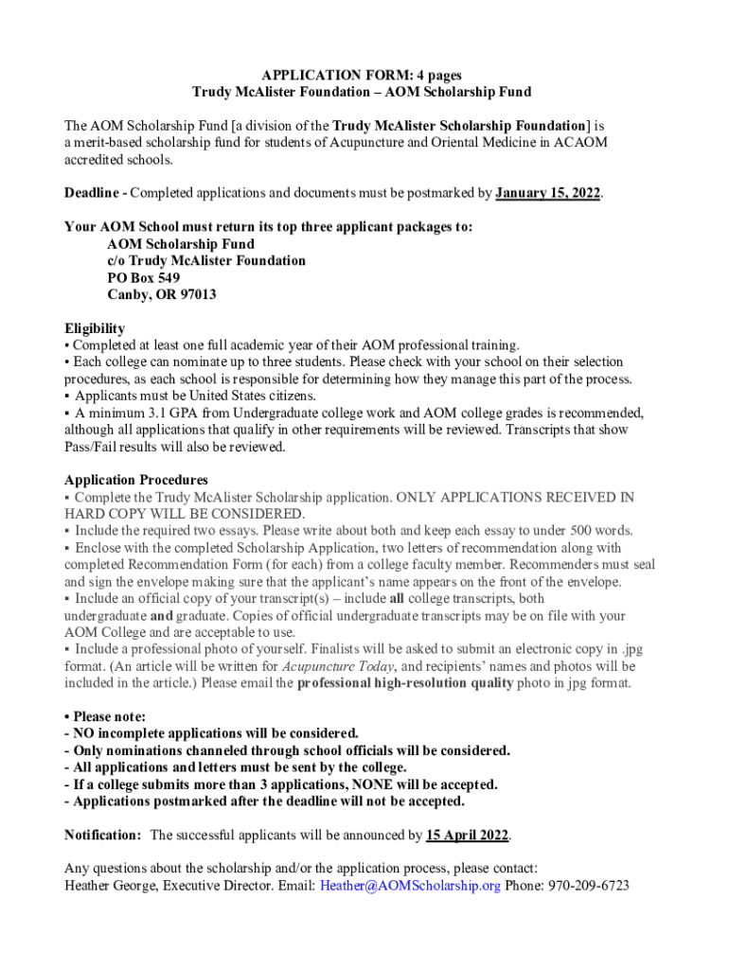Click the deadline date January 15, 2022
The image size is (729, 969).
[x=548, y=193]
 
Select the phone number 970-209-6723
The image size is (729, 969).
[x=587, y=886]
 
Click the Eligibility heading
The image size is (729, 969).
[x=95, y=327]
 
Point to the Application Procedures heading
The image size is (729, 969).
[x=135, y=480]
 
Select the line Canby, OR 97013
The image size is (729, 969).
[x=161, y=294]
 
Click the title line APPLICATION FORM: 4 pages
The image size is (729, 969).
[x=362, y=75]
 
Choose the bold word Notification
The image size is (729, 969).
[x=102, y=836]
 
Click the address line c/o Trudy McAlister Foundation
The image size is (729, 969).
[x=206, y=260]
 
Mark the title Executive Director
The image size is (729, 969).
[x=216, y=886]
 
